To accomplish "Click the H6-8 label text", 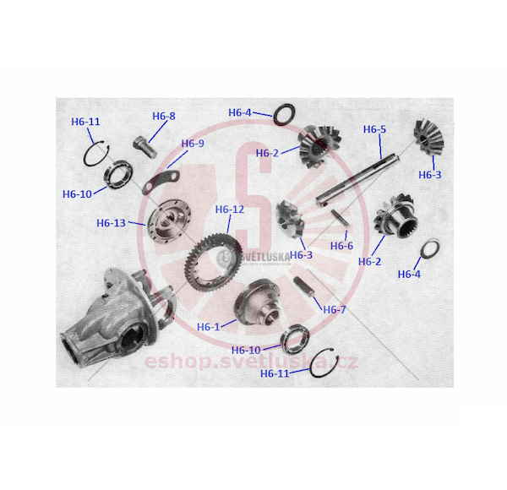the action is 164,116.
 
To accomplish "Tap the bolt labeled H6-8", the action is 145,147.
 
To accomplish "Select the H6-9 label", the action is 193,143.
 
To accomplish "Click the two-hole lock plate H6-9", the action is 161,182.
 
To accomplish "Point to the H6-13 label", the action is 111,223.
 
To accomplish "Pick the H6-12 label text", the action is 230,210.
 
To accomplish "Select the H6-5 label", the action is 374,129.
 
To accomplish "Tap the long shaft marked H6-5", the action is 357,179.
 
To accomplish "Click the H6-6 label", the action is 341,246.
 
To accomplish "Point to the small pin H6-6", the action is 340,217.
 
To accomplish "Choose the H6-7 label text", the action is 335,310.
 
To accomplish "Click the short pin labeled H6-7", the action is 304,286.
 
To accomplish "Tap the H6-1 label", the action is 208,327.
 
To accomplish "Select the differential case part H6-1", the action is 258,302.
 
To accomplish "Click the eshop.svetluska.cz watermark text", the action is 251,362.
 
